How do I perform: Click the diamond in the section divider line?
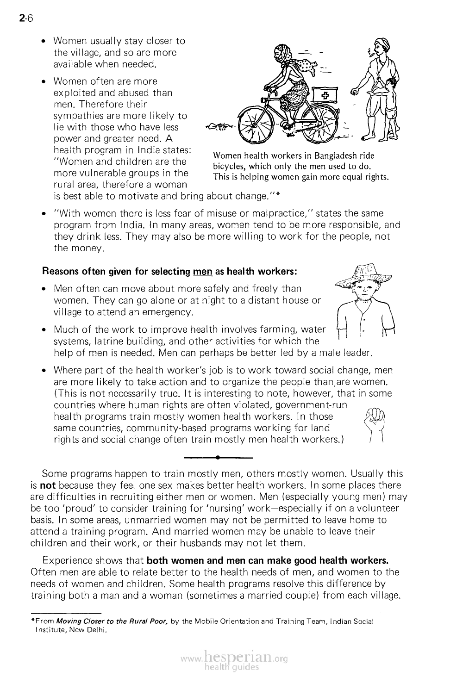coord(218,458)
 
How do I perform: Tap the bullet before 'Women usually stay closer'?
coord(43,42)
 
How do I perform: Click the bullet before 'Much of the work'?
coord(43,330)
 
